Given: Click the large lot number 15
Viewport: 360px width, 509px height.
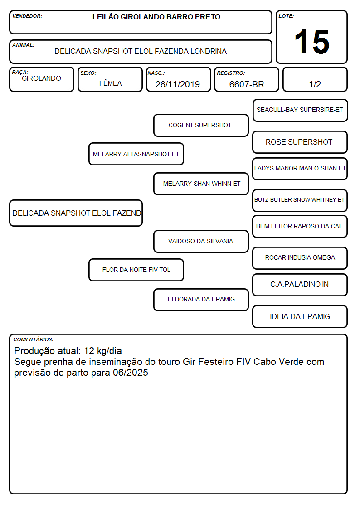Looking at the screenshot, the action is [x=312, y=42].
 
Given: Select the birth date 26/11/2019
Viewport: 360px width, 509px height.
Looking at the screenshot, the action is [x=178, y=84].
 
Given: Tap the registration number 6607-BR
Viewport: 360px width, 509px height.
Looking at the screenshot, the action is [x=247, y=84].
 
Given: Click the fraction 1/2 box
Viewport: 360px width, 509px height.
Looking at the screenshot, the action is [x=315, y=79].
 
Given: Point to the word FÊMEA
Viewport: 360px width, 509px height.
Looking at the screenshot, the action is [x=110, y=83].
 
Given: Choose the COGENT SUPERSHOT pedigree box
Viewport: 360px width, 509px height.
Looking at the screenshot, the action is [x=201, y=125].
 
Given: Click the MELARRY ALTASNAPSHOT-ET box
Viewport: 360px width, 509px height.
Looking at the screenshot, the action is [x=136, y=154].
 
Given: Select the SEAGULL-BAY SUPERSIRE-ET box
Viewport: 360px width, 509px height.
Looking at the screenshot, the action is [x=300, y=111].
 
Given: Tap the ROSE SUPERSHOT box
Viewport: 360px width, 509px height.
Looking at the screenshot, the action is [x=300, y=142].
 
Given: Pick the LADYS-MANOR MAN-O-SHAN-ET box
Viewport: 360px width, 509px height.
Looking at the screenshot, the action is [x=300, y=169].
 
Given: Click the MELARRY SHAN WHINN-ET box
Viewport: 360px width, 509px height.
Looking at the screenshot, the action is [x=201, y=184].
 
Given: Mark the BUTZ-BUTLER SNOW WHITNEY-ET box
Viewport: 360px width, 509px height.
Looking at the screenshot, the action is [x=300, y=200].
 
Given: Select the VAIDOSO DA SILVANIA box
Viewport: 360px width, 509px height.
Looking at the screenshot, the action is [x=201, y=241].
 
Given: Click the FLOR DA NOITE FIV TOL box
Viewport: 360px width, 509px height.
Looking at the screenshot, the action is [x=136, y=270].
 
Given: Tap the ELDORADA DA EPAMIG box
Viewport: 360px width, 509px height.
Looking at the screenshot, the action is [x=201, y=300].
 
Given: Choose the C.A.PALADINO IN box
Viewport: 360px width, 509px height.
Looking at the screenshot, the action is [x=300, y=285].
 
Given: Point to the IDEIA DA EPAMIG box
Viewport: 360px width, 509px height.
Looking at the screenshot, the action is [x=300, y=316].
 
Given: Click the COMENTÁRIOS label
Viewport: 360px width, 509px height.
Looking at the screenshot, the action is [x=34, y=339].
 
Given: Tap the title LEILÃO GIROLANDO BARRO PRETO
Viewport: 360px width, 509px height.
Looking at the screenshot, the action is [x=156, y=17].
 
